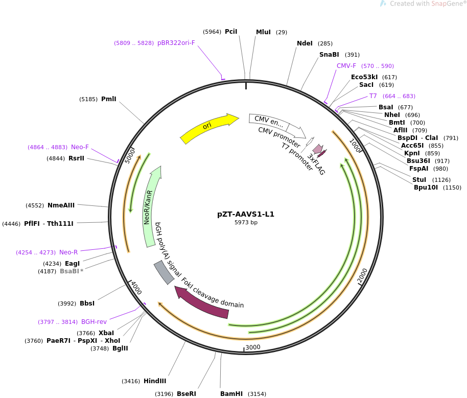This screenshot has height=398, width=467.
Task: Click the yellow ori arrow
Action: coord(208,128)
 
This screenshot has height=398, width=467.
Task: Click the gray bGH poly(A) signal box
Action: coord(164,272)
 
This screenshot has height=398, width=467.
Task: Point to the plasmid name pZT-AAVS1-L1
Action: coord(246,214)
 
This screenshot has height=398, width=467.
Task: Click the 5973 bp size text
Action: coord(246,223)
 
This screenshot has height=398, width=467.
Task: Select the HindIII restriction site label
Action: coord(155,381)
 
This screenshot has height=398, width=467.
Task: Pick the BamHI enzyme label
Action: coord(231,394)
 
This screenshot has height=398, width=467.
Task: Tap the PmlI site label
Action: coord(109,99)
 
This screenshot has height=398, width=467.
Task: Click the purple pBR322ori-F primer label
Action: coord(176,43)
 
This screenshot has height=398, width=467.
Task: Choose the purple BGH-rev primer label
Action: coord(94,322)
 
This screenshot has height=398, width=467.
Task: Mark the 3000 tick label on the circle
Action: coord(253,347)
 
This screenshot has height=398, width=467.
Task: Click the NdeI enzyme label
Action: coord(305,43)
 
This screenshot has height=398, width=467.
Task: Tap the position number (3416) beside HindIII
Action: coord(131,381)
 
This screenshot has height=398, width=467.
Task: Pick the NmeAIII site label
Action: coord(61,205)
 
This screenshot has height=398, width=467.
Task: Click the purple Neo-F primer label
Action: coord(80,147)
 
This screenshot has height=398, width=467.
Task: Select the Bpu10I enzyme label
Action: coord(426,188)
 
